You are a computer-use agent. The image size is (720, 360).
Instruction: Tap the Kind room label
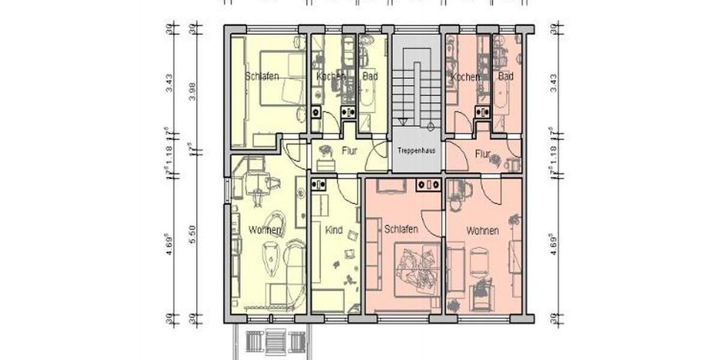pyautogui.click(x=333, y=230)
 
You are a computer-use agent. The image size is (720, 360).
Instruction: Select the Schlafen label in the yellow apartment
pyautogui.click(x=262, y=77)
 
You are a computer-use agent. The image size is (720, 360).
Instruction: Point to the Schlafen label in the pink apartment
pyautogui.click(x=401, y=230)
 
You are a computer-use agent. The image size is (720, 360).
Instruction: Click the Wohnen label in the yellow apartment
pyautogui.click(x=265, y=230)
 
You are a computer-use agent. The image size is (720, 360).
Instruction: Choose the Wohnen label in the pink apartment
pyautogui.click(x=482, y=230)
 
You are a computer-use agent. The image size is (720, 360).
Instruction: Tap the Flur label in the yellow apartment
pyautogui.click(x=349, y=152)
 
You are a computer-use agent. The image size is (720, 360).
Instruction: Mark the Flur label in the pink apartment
pyautogui.click(x=482, y=154)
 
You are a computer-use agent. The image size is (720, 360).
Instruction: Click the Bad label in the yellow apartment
pyautogui.click(x=370, y=77)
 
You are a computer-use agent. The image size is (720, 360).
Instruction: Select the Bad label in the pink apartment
pyautogui.click(x=506, y=77)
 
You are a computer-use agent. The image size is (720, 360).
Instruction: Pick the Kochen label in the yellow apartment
pyautogui.click(x=331, y=77)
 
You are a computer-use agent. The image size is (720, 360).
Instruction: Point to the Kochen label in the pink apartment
pyautogui.click(x=466, y=77)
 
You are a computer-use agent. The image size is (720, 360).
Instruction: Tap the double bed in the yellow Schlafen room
pyautogui.click(x=282, y=79)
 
